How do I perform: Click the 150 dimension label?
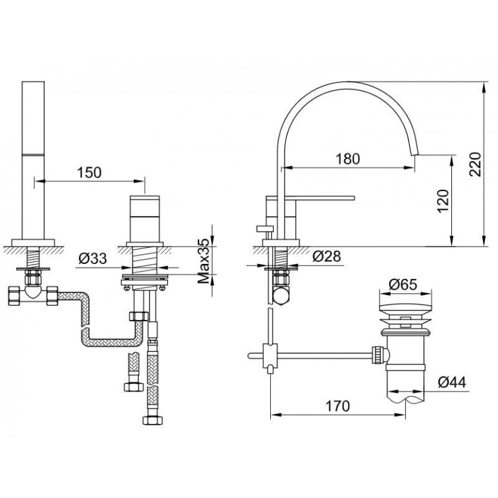89,172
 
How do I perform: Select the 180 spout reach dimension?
348,159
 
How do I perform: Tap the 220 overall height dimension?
476,164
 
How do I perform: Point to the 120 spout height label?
443,201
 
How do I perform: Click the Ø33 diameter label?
93,258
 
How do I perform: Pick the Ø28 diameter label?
326,256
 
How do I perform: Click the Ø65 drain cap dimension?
403,284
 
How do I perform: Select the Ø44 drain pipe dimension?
452,382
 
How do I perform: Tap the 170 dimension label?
337,406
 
